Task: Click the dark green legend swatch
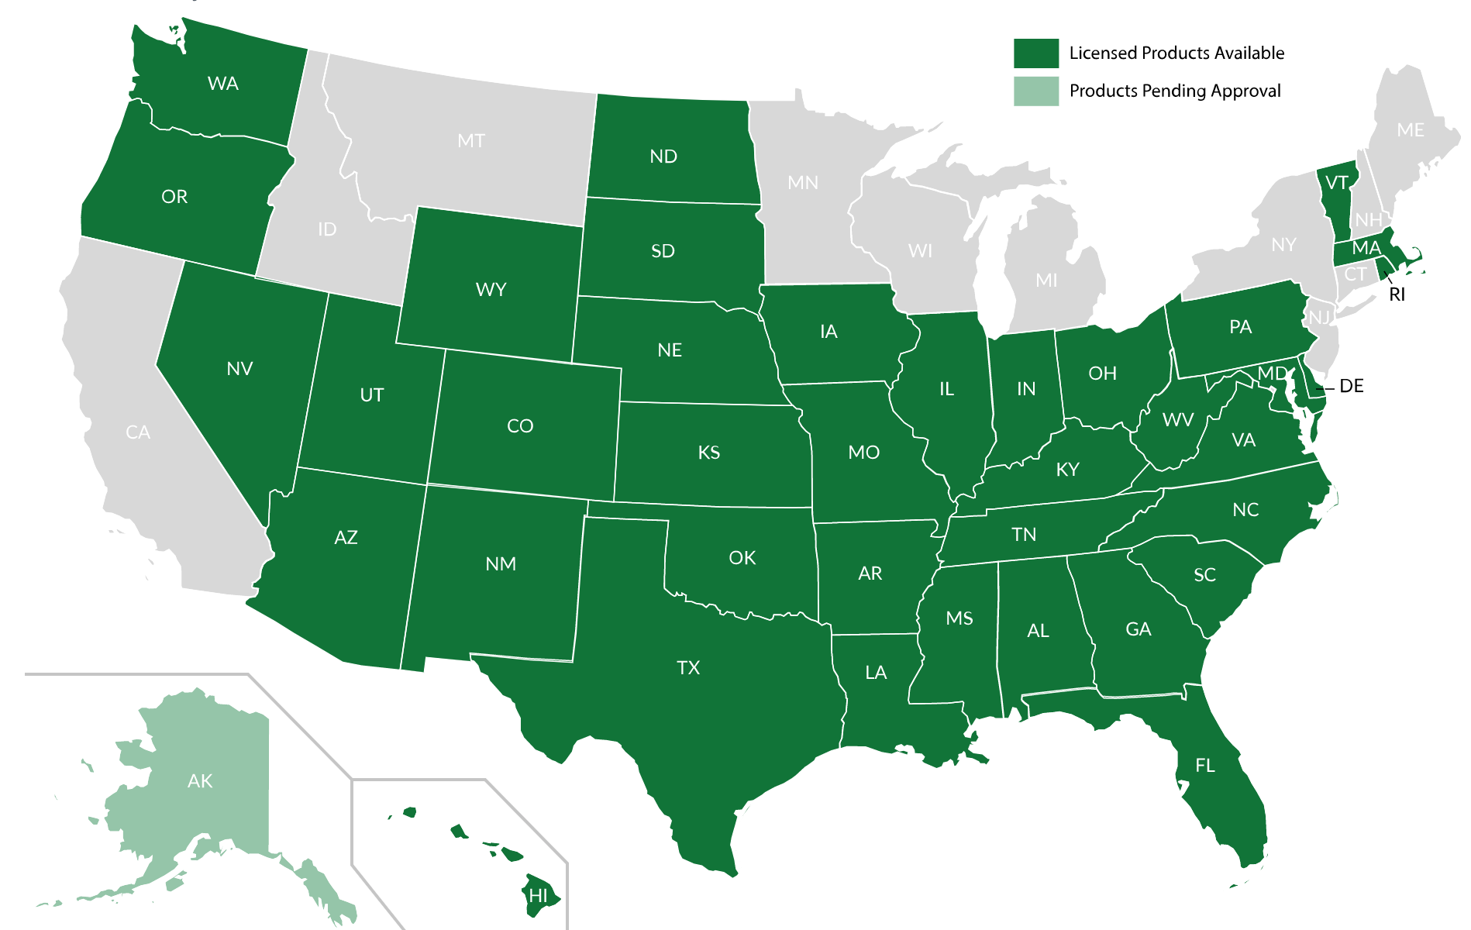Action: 1035,53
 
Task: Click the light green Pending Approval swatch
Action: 1035,91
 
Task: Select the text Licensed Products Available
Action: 1176,53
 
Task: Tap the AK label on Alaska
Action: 200,781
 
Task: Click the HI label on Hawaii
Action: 538,896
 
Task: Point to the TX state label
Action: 688,668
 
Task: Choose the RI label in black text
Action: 1397,294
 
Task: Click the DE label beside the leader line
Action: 1351,386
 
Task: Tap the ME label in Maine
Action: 1410,130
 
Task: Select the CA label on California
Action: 138,432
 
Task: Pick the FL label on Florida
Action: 1204,766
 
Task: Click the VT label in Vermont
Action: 1337,183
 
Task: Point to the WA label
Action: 223,84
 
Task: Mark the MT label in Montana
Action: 471,141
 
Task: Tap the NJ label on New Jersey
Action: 1319,317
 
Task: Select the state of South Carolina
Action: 1204,575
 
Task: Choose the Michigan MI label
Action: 1046,281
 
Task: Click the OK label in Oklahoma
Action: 742,558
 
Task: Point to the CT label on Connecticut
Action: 1355,274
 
